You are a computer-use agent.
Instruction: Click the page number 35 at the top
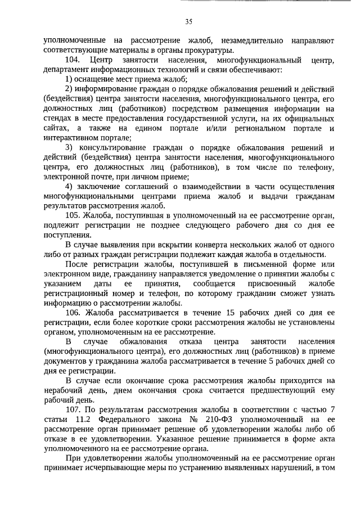188,22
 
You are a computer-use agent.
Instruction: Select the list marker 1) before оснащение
70,79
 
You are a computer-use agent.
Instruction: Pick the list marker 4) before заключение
70,186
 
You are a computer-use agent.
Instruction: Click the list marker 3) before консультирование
70,147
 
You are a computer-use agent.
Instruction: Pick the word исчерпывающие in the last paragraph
112,467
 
